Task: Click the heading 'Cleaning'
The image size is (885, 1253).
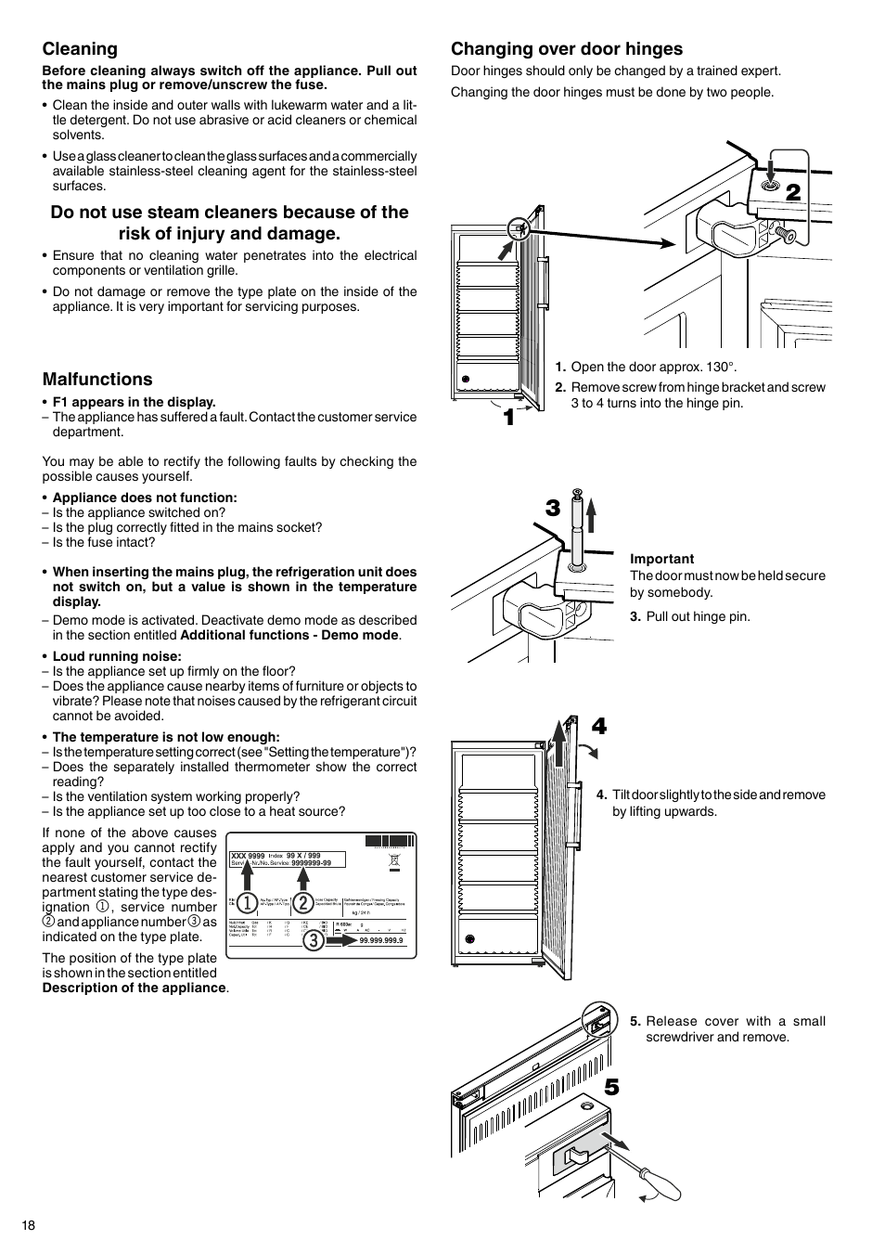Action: [x=80, y=49]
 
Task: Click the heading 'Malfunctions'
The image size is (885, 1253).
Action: [x=97, y=379]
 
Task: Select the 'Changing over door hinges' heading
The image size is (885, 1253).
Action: [x=566, y=49]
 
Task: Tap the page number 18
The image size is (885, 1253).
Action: [x=29, y=1225]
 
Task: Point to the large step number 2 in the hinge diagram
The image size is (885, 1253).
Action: [x=793, y=193]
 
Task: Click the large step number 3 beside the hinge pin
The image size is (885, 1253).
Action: [x=553, y=508]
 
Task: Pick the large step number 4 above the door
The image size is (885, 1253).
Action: [x=599, y=727]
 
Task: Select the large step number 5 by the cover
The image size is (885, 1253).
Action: [x=610, y=1087]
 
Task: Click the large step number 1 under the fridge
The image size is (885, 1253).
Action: [x=508, y=419]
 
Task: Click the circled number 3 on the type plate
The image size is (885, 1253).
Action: [x=314, y=939]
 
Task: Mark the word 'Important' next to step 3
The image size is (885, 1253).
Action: [x=661, y=559]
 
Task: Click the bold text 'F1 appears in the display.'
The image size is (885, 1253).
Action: [x=134, y=402]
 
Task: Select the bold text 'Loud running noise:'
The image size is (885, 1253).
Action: [x=117, y=656]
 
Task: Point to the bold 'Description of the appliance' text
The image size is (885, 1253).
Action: [x=134, y=988]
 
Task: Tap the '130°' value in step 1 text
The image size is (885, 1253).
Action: [x=719, y=367]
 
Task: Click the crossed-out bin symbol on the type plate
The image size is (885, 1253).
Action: [x=394, y=861]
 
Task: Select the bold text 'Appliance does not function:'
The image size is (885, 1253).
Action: [x=144, y=497]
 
